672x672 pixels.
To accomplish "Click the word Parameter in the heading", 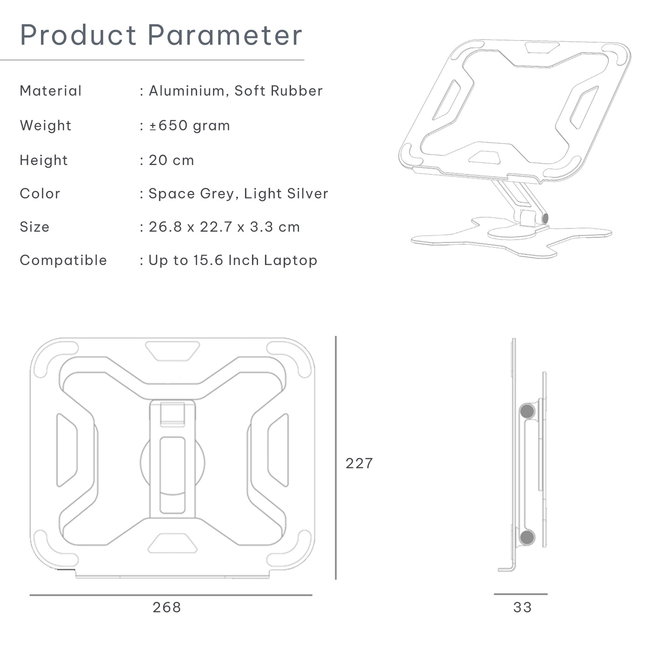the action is click(x=225, y=35).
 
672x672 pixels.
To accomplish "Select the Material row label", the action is click(x=51, y=91).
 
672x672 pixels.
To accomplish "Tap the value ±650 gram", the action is click(x=189, y=126).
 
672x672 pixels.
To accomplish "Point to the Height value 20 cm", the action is click(x=171, y=160).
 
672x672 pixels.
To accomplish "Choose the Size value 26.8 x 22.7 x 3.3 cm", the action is click(x=224, y=227).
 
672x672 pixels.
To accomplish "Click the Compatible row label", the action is click(x=63, y=260).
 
